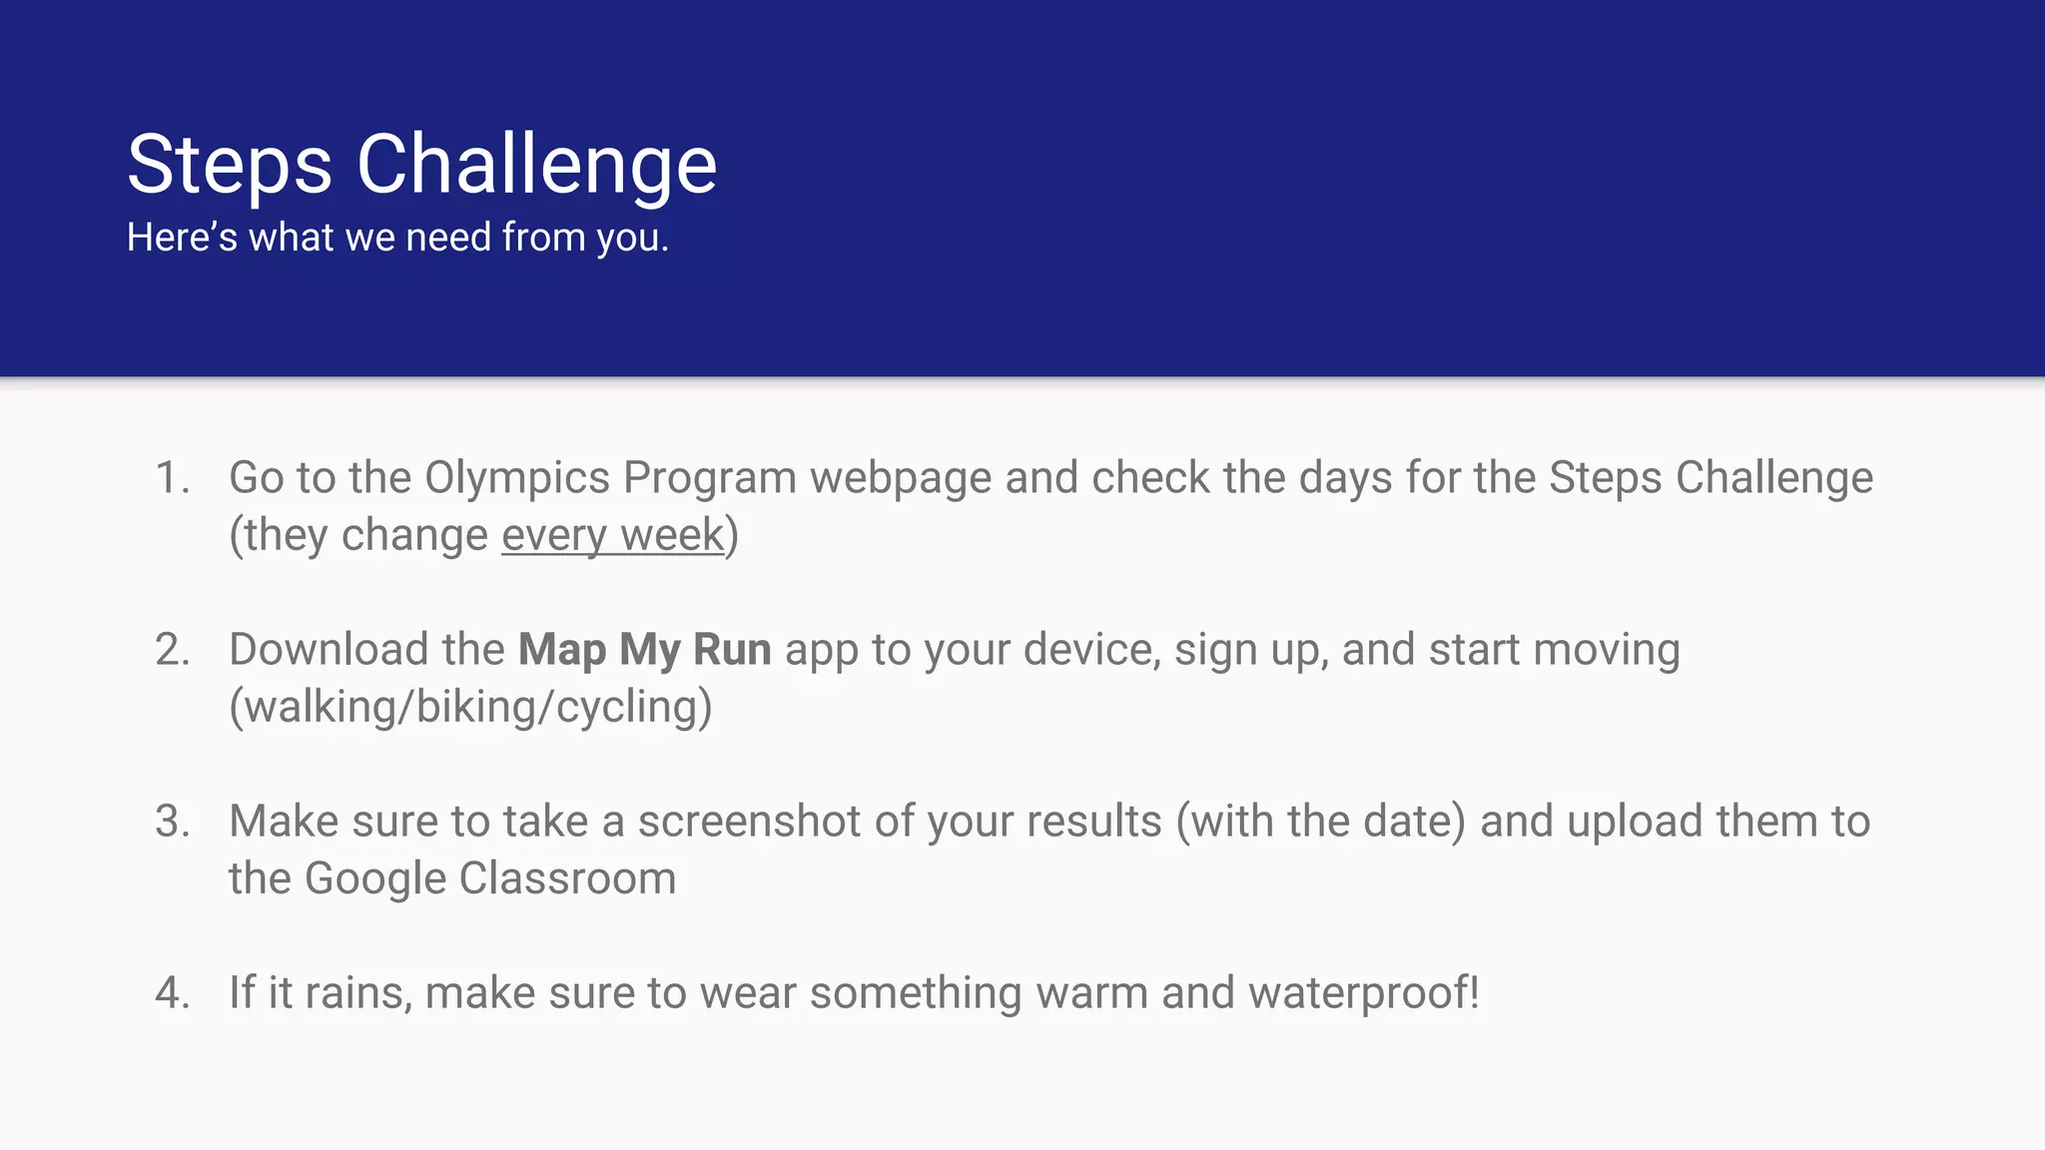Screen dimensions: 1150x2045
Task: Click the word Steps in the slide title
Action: point(229,166)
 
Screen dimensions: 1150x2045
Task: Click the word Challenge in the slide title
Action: point(536,166)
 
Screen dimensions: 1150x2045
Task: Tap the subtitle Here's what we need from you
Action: point(397,239)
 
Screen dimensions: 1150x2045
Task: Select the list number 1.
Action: point(172,478)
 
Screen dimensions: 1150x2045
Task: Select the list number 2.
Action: point(172,650)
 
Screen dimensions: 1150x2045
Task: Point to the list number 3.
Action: point(172,822)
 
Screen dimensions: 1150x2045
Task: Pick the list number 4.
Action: point(172,993)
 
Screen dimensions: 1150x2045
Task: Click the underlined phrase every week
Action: point(612,536)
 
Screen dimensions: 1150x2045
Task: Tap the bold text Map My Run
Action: point(644,650)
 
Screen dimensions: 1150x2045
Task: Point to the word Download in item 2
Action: point(329,650)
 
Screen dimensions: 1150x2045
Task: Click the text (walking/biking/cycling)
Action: point(470,708)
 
